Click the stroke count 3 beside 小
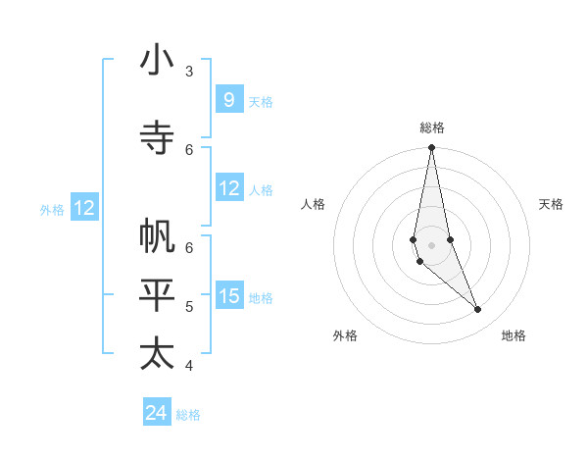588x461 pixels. (x=189, y=71)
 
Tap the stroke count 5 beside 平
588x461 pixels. (x=189, y=306)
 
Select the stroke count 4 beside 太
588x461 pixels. (x=189, y=365)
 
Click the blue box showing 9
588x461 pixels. (x=229, y=100)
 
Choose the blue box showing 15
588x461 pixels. (x=229, y=296)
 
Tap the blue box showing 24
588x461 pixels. (x=157, y=413)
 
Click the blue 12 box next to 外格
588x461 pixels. (x=84, y=208)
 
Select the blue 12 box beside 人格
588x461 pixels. (x=229, y=188)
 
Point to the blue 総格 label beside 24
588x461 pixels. (x=188, y=415)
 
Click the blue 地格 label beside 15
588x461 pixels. (x=261, y=297)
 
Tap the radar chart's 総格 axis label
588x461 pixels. (x=432, y=128)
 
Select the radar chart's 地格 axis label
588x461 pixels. (x=514, y=335)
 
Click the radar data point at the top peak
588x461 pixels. (x=432, y=148)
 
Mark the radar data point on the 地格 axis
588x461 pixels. (x=478, y=310)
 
